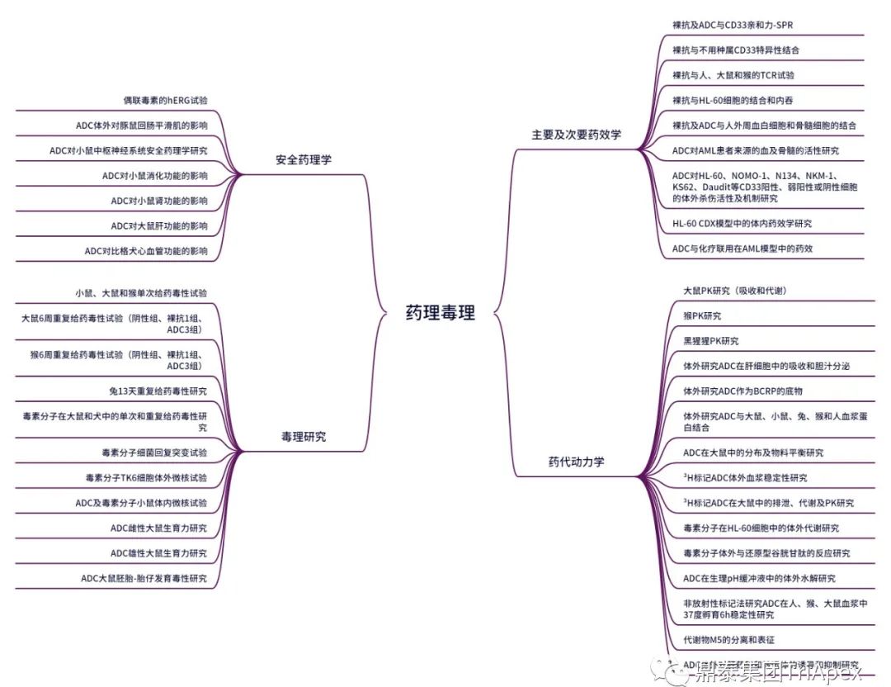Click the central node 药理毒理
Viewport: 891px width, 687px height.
click(x=440, y=313)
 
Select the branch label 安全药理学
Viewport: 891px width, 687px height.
click(x=304, y=159)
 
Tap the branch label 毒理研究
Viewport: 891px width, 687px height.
click(x=304, y=437)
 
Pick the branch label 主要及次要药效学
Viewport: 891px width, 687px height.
click(x=577, y=134)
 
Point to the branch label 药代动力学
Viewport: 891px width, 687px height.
click(x=576, y=462)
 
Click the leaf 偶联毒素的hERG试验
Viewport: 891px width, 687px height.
click(x=165, y=101)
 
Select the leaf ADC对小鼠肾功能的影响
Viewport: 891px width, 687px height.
click(x=159, y=201)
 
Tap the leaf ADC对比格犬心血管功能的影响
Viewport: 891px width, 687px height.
click(x=146, y=251)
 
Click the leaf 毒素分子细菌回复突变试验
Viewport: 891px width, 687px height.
click(x=153, y=452)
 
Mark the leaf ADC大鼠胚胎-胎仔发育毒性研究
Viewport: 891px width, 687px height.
click(x=144, y=578)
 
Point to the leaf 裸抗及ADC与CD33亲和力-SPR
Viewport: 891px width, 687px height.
click(x=733, y=25)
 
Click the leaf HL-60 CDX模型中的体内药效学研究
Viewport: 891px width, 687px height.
click(x=742, y=223)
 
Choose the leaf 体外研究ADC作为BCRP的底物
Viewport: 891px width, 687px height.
click(x=742, y=391)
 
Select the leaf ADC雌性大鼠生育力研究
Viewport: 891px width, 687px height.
click(x=158, y=528)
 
